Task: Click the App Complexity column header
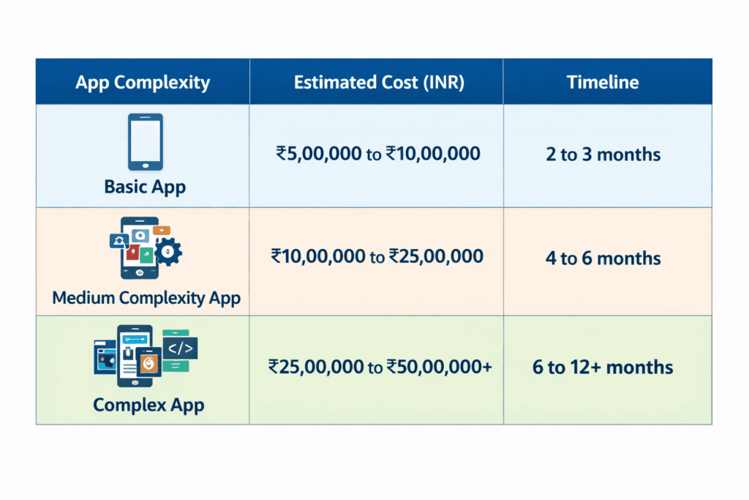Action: [x=143, y=82]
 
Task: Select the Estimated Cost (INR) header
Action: [x=379, y=82]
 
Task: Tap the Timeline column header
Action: [x=603, y=82]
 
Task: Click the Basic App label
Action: [x=145, y=187]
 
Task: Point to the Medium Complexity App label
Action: [x=146, y=298]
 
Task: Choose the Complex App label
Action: [x=148, y=405]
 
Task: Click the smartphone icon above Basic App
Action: [x=145, y=142]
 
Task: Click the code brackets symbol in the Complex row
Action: [x=181, y=347]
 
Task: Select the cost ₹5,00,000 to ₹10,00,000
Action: [x=377, y=154]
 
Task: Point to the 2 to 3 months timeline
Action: [x=603, y=154]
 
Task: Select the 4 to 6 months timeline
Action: [x=603, y=258]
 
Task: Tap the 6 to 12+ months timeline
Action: [x=603, y=367]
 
